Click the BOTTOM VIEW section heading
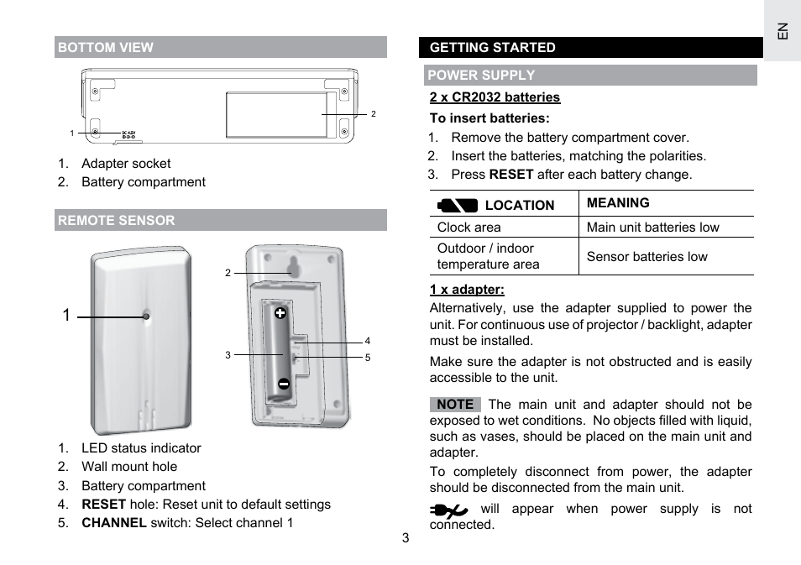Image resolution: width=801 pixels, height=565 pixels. pos(106,48)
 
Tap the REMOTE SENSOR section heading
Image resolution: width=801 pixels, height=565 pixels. pos(117,221)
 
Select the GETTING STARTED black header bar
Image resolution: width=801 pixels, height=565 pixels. pos(493,48)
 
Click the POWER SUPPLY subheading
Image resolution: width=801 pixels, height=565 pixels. pos(481,75)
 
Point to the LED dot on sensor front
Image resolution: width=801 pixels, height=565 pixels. pos(146,317)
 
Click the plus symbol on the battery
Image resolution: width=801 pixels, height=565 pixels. pos(280,313)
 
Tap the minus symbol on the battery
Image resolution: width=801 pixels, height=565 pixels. pos(284,384)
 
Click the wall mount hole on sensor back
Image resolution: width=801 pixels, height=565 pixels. pos(292,268)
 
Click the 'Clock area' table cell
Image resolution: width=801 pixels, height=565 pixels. pos(469,228)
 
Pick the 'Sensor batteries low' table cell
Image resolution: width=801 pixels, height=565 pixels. pos(647,257)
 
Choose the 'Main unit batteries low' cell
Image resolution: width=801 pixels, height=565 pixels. pos(652,228)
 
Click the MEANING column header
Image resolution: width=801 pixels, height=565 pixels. pos(618,203)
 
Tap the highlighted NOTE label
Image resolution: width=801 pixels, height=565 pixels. pos(455,405)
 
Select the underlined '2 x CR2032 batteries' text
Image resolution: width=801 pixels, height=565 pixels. pos(495,97)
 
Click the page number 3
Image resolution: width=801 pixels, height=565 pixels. pos(405,538)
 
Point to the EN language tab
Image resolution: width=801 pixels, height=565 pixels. pos(782,32)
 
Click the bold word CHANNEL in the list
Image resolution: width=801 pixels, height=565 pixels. pos(114,523)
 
